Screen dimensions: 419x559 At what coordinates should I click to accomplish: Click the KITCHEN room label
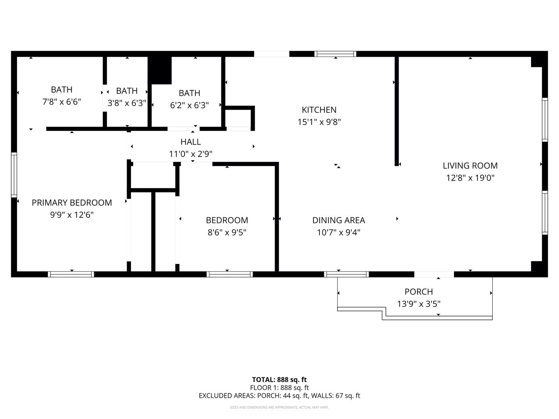(x=319, y=110)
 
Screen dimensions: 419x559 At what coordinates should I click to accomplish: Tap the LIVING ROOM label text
(x=470, y=166)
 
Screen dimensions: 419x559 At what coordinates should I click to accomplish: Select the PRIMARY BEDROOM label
(x=72, y=203)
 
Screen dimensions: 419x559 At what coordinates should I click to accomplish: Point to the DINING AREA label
(x=338, y=220)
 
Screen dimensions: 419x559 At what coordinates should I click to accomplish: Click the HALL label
(x=190, y=142)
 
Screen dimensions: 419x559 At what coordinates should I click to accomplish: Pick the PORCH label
(x=419, y=292)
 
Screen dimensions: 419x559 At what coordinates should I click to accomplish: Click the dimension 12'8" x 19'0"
(x=470, y=178)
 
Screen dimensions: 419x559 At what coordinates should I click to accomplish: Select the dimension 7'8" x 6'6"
(x=61, y=102)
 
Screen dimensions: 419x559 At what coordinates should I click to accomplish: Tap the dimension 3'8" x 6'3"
(x=127, y=103)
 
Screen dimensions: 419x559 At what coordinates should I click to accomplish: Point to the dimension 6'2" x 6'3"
(x=189, y=105)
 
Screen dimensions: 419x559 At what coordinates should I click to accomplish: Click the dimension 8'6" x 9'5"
(x=227, y=232)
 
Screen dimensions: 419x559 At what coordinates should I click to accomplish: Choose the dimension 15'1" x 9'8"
(x=319, y=122)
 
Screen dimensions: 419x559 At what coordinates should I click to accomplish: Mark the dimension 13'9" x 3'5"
(x=419, y=304)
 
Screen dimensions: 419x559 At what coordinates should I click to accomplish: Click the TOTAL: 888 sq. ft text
(x=279, y=380)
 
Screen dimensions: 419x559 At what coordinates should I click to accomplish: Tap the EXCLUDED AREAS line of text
(x=279, y=396)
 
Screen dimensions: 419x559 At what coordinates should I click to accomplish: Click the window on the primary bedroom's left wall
(x=14, y=174)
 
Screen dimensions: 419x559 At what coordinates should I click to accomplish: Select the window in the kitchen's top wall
(x=335, y=54)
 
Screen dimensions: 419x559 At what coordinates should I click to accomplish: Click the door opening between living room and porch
(x=434, y=274)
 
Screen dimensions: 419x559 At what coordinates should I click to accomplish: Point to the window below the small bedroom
(x=230, y=274)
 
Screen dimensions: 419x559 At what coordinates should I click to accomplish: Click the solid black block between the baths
(x=160, y=70)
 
